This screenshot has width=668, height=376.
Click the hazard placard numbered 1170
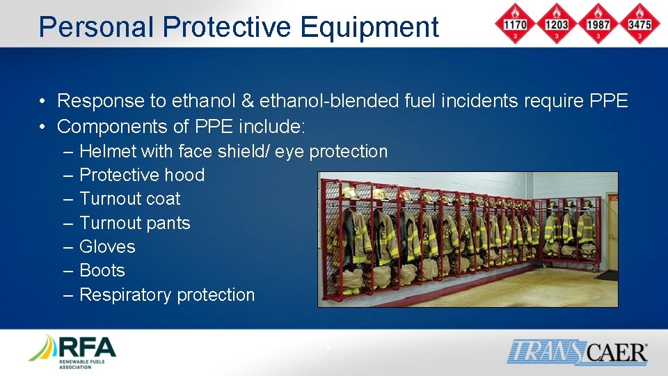[x=515, y=23]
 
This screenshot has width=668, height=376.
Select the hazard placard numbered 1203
[x=556, y=23]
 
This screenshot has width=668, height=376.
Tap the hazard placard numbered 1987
[x=597, y=23]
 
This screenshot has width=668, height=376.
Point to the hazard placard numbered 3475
[x=639, y=23]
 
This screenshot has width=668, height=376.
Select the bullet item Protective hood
[x=142, y=175]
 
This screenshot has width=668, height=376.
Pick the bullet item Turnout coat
[x=129, y=198]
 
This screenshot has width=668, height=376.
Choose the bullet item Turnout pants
[x=134, y=223]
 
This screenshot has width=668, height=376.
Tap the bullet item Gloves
[x=107, y=246]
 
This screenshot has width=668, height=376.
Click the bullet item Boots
[x=102, y=270]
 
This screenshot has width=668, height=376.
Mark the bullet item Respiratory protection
[x=167, y=295]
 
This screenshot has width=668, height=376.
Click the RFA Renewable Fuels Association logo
[x=72, y=351]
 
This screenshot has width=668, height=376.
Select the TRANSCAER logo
[x=577, y=352]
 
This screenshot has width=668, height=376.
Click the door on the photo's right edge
[x=611, y=230]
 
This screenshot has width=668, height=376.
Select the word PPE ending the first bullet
[x=608, y=101]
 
